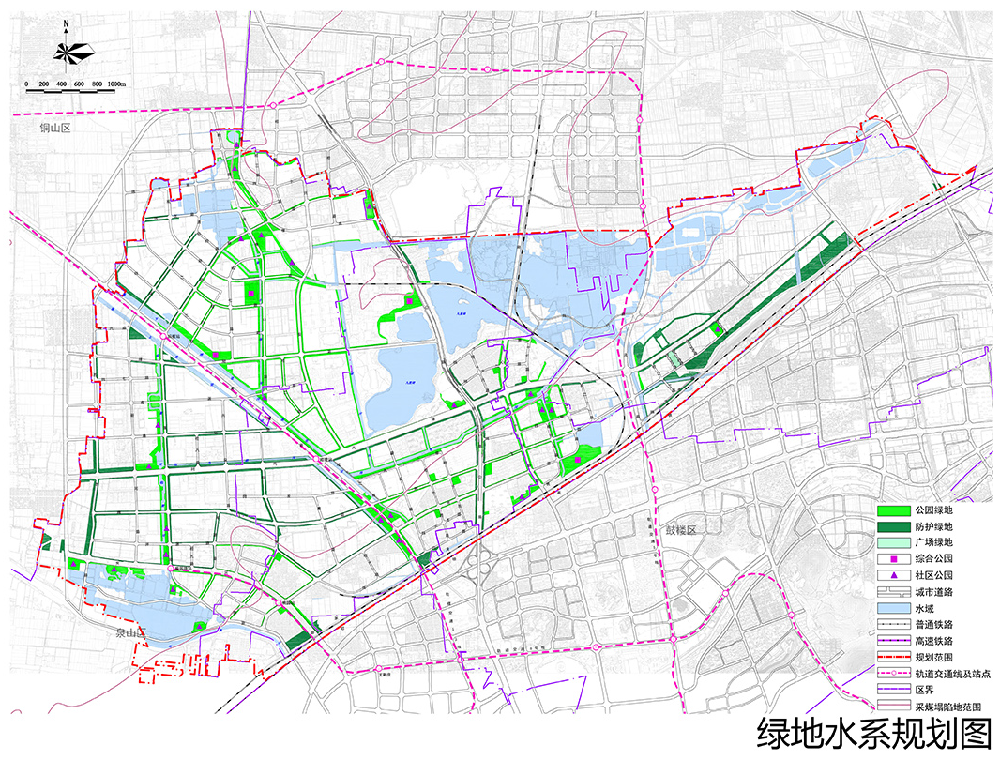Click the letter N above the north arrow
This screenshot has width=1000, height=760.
(x=66, y=26)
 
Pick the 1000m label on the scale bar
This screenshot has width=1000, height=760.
(x=117, y=84)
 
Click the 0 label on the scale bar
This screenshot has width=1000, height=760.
(x=27, y=84)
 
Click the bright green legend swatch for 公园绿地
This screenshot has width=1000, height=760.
(x=895, y=510)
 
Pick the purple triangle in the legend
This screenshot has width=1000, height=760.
(x=895, y=575)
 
